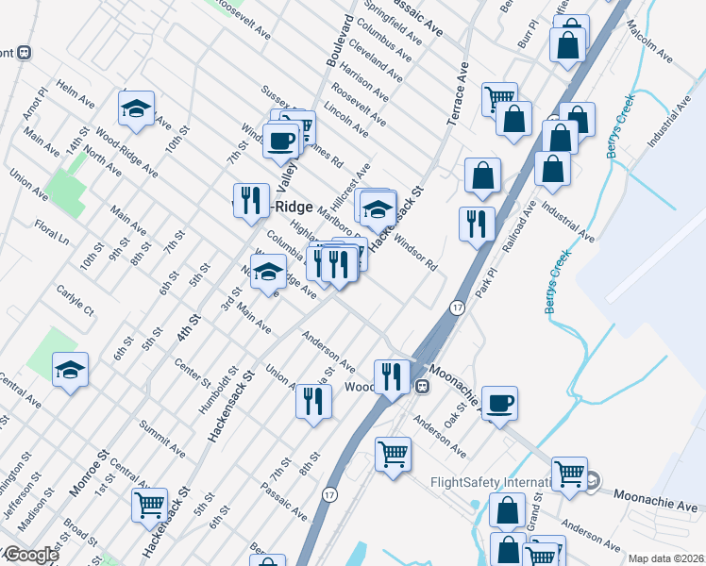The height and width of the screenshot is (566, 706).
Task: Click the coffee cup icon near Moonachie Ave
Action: click(x=499, y=403)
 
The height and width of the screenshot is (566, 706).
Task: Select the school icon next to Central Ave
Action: click(x=70, y=369)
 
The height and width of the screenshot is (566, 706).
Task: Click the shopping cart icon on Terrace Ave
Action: click(x=498, y=97)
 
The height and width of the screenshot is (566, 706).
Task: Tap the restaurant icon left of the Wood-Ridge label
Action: click(x=250, y=199)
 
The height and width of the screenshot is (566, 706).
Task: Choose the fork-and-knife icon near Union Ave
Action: click(x=313, y=400)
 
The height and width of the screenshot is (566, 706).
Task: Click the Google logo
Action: click(x=30, y=555)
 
